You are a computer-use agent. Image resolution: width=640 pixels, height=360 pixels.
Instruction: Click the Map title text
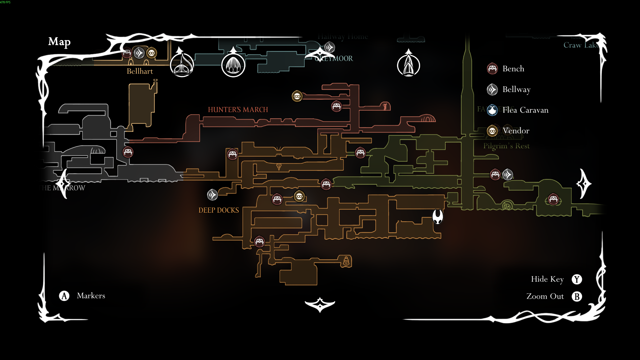point(59,42)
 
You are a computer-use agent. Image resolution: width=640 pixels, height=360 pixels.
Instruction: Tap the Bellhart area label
point(140,71)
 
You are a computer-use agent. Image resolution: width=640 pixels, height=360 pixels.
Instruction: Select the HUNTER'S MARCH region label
point(238,110)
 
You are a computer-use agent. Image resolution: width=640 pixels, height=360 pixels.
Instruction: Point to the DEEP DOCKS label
point(219,210)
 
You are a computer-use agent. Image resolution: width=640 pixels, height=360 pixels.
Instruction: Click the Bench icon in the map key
point(492,69)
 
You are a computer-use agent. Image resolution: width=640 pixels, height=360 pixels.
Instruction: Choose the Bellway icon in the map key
point(492,89)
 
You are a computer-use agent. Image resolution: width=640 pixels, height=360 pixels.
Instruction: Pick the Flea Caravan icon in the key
point(492,110)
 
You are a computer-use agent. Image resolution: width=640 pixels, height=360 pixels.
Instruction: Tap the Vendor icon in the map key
point(492,131)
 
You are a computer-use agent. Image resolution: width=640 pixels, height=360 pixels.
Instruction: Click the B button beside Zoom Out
point(577,296)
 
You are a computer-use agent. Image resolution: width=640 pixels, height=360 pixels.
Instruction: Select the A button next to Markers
point(64,296)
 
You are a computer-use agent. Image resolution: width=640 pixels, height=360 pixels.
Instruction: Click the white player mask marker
point(438,217)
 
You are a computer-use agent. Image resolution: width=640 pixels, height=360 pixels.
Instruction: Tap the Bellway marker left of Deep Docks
point(212,195)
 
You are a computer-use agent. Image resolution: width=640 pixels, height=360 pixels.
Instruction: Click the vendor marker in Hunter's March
point(297,96)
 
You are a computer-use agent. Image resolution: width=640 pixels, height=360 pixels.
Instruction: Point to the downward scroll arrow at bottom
point(320,304)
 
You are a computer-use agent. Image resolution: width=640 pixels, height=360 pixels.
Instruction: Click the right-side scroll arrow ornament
point(584,184)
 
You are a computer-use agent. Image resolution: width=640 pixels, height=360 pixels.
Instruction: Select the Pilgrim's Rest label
point(506,146)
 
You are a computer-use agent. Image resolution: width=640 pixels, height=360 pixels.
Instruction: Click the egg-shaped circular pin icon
point(233,65)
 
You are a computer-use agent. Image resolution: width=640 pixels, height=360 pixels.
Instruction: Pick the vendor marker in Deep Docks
point(299,197)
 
